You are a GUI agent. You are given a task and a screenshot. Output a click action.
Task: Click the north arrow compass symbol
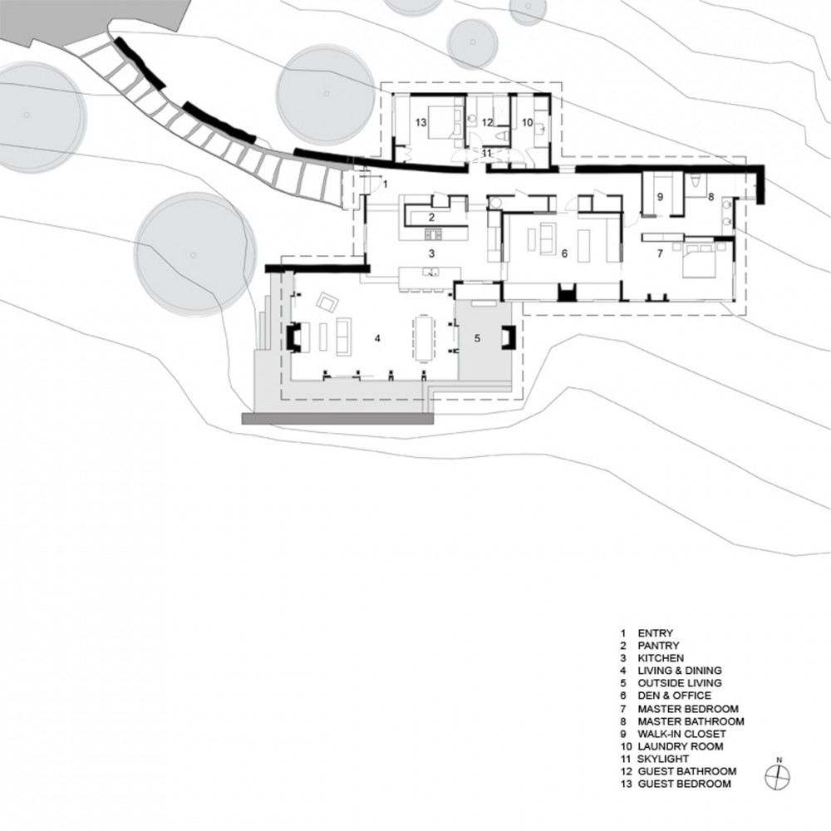tap(778, 778)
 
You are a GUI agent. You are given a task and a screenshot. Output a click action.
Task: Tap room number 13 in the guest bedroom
tap(420, 123)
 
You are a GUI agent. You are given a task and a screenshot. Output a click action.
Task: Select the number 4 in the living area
tap(377, 338)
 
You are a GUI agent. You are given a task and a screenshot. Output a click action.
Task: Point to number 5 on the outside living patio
tap(477, 338)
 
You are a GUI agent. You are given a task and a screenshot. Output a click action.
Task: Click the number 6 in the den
tap(564, 253)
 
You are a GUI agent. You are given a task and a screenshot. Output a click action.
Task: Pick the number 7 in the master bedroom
tap(660, 253)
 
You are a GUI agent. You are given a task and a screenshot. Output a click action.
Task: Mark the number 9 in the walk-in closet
tap(660, 197)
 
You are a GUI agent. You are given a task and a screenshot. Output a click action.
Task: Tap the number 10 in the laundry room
tap(528, 123)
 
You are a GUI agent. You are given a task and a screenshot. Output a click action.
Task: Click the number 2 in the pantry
tap(432, 217)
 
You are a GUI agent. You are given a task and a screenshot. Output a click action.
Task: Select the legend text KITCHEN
tap(661, 658)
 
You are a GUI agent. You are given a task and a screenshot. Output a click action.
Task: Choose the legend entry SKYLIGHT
tap(663, 759)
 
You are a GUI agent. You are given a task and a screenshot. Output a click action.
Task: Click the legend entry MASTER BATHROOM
tap(691, 721)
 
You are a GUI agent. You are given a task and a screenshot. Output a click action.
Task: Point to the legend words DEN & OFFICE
tap(674, 696)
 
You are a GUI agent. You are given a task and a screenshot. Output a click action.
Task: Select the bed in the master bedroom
tap(698, 259)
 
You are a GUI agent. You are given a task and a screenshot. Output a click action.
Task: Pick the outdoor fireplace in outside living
tap(508, 337)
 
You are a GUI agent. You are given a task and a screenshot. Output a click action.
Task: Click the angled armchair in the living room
tap(327, 302)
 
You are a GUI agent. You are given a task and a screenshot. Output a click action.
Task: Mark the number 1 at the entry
tap(386, 184)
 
